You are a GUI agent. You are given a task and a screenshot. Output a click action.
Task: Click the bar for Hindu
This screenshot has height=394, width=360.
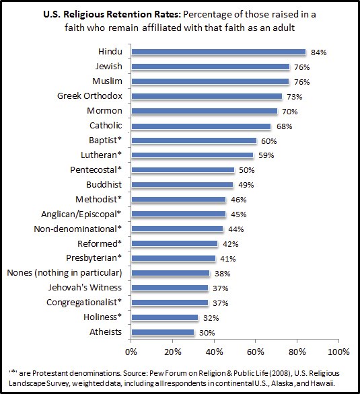tap(218, 52)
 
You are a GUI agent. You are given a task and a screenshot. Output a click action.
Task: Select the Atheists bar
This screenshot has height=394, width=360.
tap(163, 332)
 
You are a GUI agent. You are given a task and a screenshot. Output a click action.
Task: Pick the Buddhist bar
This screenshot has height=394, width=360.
tap(182, 184)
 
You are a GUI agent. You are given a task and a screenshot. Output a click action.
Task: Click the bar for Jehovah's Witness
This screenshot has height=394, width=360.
tap(170, 288)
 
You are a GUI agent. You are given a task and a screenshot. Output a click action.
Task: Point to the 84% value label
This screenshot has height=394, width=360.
tap(317, 52)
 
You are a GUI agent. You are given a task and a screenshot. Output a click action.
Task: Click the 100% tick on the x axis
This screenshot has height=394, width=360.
tap(338, 351)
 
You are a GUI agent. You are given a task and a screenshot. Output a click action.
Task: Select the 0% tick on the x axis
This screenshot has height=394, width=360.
tap(131, 351)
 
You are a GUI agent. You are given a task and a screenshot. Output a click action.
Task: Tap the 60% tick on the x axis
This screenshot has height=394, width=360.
tap(256, 351)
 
